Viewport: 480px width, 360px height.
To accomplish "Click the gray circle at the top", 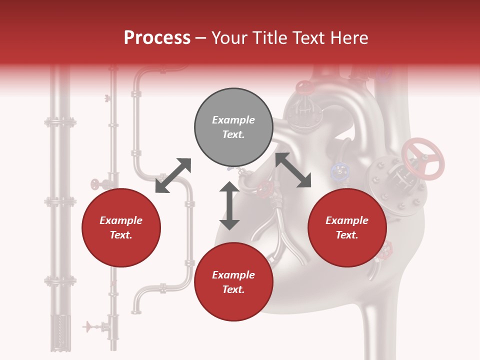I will [x=233, y=127].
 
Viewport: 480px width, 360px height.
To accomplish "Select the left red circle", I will [x=121, y=228].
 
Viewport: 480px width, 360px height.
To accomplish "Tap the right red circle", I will [x=347, y=228].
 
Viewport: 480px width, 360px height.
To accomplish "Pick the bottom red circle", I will [x=233, y=282].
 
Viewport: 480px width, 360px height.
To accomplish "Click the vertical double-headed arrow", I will [x=229, y=205].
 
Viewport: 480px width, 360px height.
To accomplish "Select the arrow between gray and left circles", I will [x=173, y=175].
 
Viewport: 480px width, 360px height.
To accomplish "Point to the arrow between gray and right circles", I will [x=293, y=170].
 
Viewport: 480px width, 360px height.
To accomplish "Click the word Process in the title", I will [x=157, y=38].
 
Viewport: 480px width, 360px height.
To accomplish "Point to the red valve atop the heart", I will [x=303, y=88].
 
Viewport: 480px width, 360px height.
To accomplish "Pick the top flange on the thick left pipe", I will [x=60, y=122].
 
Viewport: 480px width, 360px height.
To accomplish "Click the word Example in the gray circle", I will [x=233, y=120].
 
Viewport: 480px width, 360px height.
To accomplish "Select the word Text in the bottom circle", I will [x=233, y=289].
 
